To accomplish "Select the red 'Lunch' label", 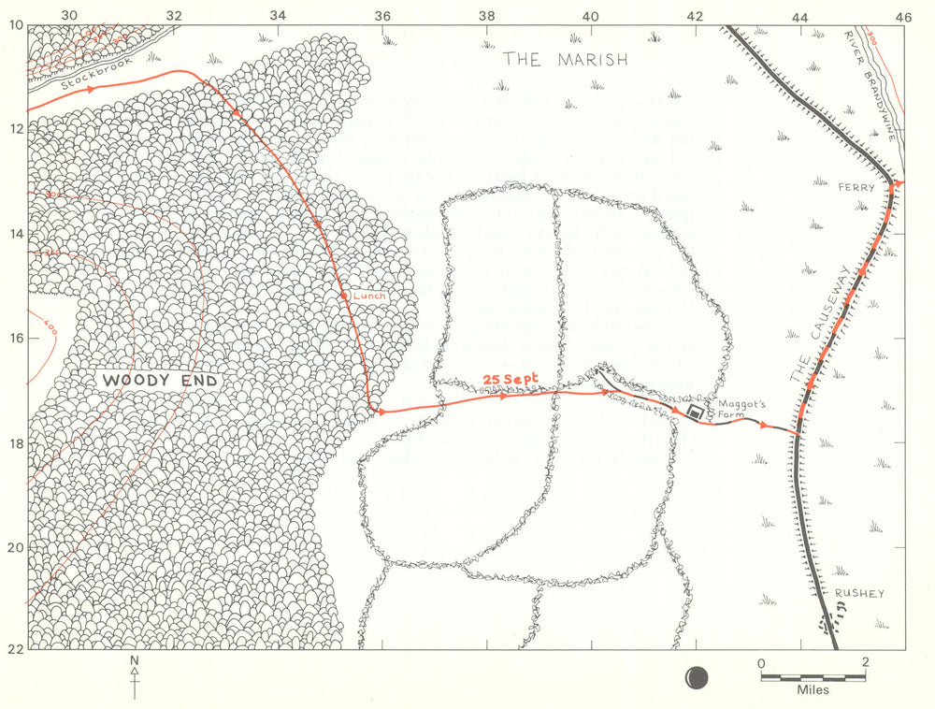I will [x=368, y=296].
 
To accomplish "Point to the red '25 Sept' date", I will [x=512, y=379].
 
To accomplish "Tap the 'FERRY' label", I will [x=856, y=187].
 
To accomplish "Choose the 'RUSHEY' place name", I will [x=858, y=593].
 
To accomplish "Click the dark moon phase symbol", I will [x=698, y=675].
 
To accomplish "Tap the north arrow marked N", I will [x=135, y=677].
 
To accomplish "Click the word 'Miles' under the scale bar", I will [x=813, y=690].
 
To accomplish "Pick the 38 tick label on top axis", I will [x=485, y=15].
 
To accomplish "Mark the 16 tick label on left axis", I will [x=16, y=338].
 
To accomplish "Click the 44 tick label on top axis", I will [x=799, y=15].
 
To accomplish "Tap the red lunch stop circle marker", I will [x=344, y=296].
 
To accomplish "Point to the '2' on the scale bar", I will [x=866, y=662].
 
